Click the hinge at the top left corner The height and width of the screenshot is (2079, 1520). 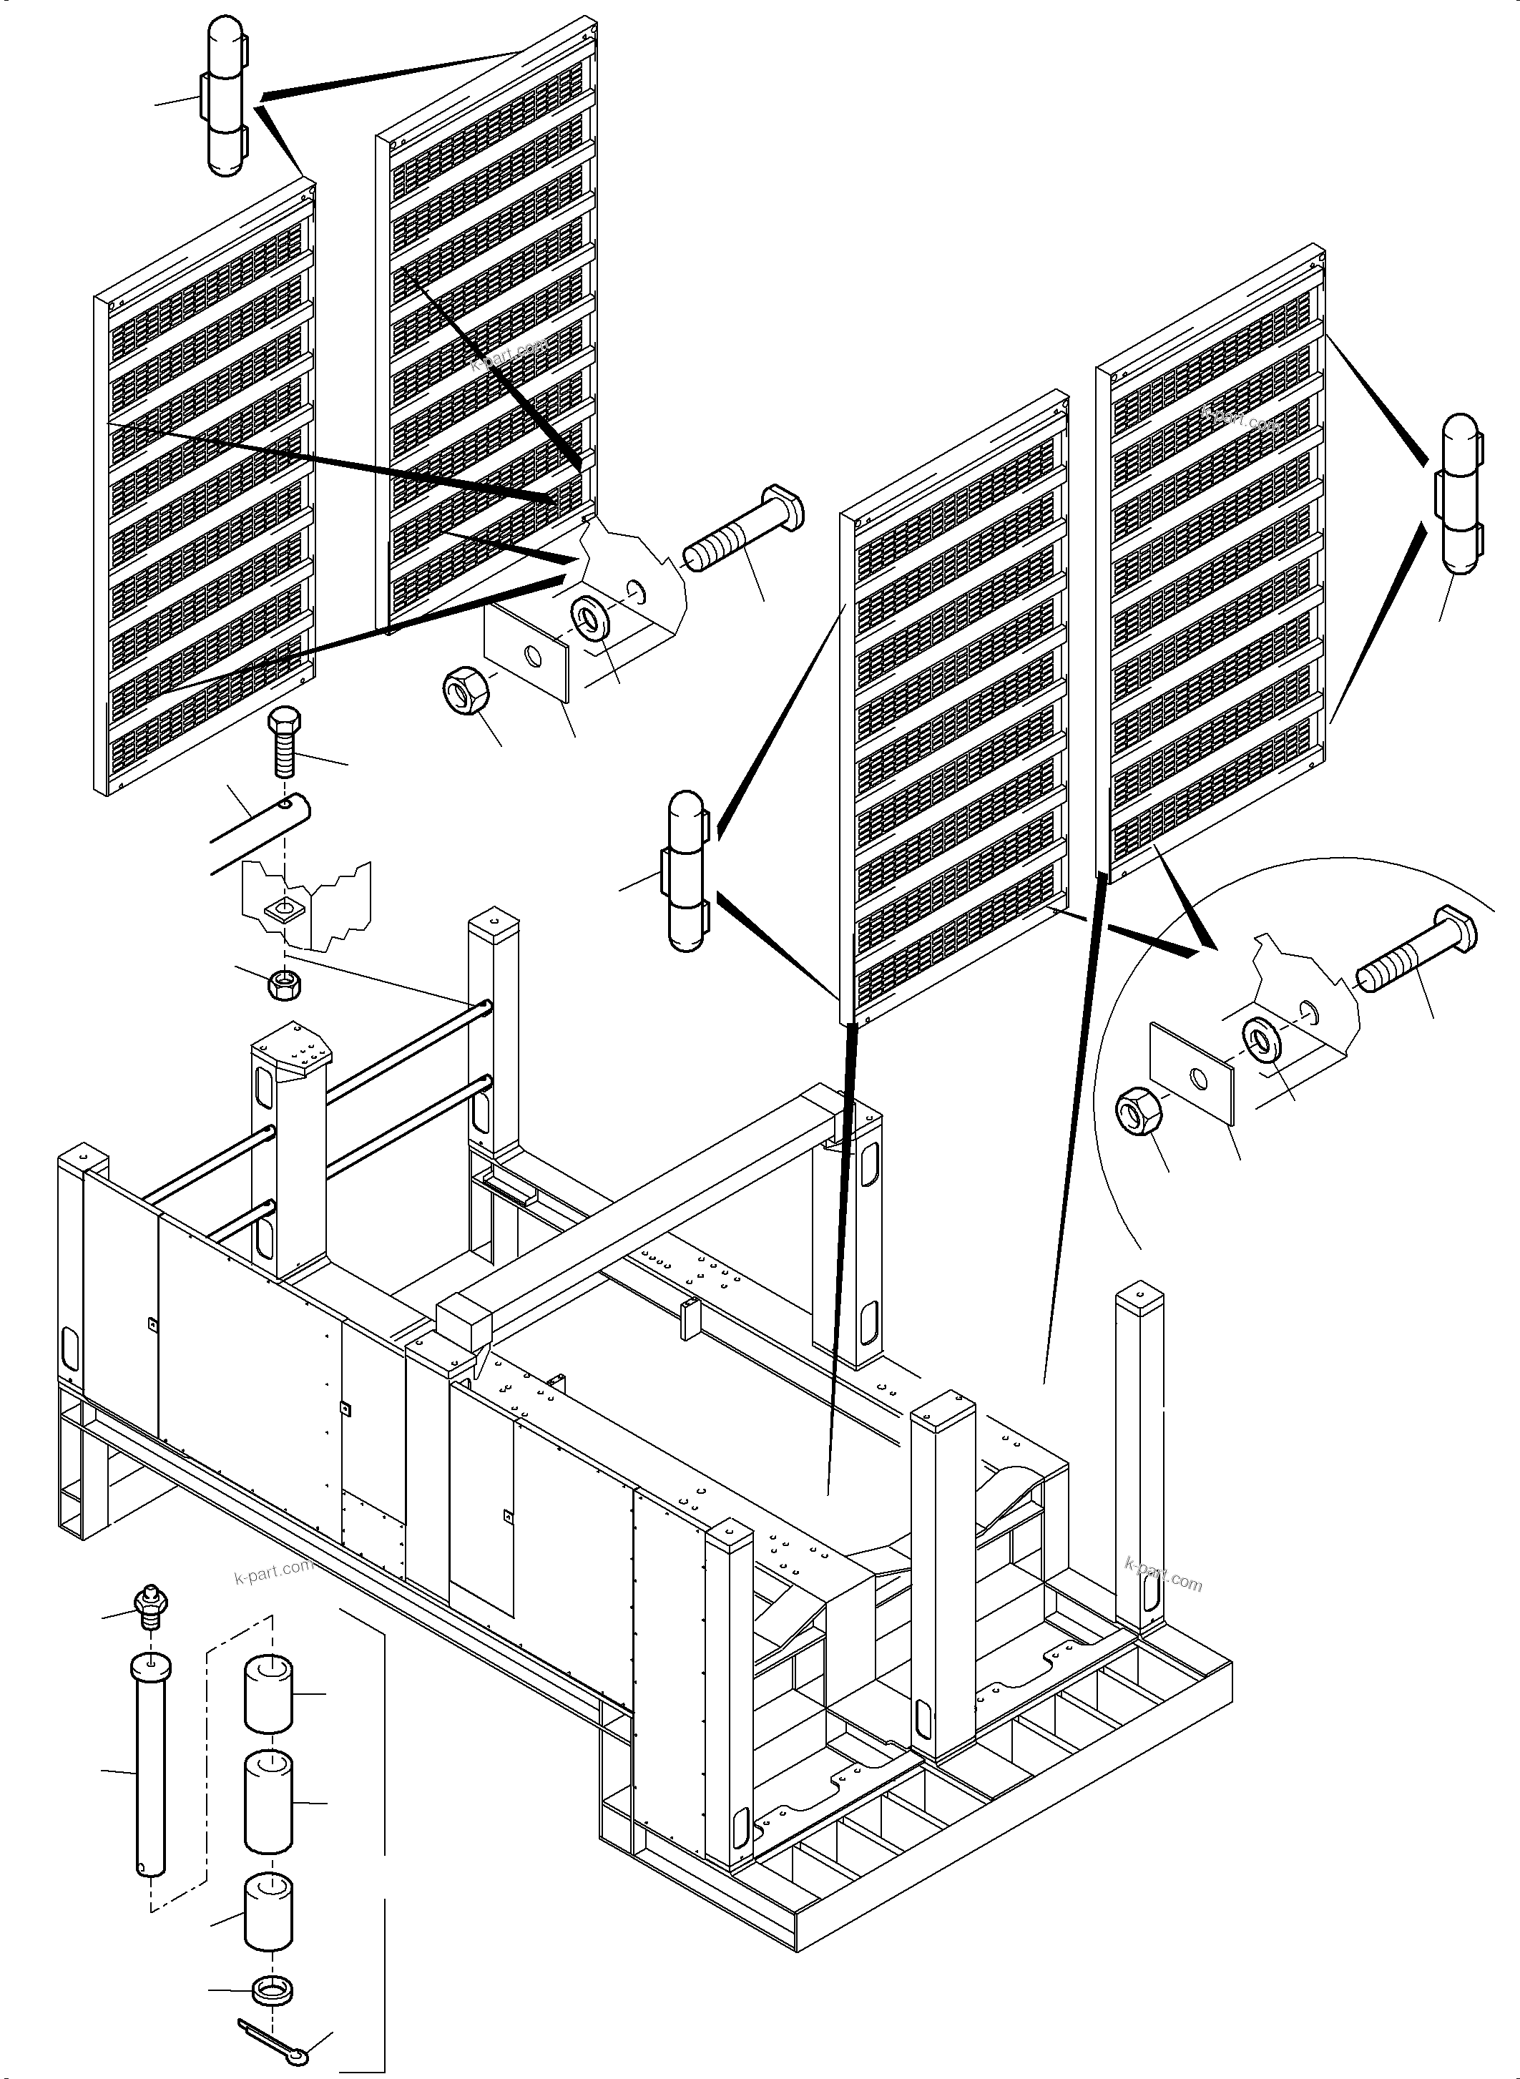pyautogui.click(x=224, y=96)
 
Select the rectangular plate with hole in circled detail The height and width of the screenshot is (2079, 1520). pyautogui.click(x=1192, y=1074)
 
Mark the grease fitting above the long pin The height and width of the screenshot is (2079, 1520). pyautogui.click(x=149, y=1607)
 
